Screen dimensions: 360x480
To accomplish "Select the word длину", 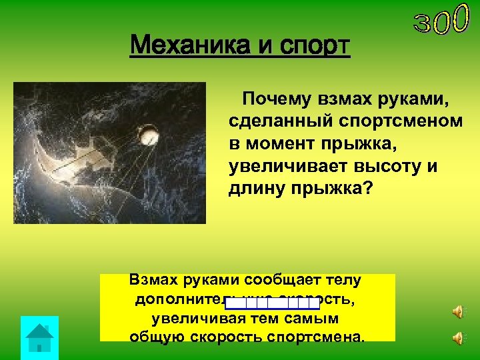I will [254, 188].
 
